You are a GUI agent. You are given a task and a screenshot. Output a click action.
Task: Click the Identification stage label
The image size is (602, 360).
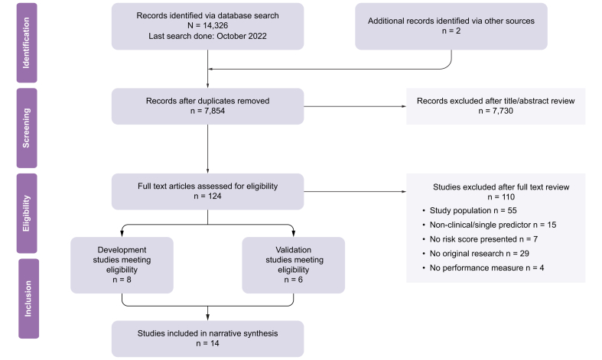click(x=27, y=43)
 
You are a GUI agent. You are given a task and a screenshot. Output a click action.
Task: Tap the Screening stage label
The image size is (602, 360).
click(x=27, y=128)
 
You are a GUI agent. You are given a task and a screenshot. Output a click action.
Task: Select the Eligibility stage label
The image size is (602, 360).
click(x=27, y=213)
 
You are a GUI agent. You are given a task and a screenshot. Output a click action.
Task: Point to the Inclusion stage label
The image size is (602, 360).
click(x=28, y=299)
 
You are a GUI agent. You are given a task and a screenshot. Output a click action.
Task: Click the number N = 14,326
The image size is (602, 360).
click(x=208, y=26)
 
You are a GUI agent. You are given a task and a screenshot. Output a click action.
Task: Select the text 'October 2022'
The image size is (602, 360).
click(x=242, y=36)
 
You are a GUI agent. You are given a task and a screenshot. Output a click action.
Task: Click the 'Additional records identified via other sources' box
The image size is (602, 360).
click(x=451, y=27)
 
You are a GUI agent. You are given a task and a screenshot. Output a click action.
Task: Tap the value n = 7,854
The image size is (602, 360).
click(x=208, y=111)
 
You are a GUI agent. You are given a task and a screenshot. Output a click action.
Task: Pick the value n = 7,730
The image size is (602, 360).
click(x=496, y=111)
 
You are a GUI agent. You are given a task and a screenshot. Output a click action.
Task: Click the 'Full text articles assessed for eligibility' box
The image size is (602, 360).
click(x=208, y=192)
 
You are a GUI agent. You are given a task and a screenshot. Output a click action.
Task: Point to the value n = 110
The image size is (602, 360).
click(x=501, y=197)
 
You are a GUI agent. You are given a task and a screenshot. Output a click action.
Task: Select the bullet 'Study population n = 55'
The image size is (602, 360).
click(x=470, y=211)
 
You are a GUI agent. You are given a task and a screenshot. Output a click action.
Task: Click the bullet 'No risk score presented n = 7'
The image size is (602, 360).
click(x=480, y=239)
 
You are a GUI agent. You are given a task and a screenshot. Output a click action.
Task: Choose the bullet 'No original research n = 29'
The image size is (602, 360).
click(x=476, y=254)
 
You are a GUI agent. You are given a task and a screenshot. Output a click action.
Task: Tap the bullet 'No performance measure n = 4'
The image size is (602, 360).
click(x=483, y=268)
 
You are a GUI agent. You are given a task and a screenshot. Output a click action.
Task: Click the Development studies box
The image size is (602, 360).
click(x=122, y=265)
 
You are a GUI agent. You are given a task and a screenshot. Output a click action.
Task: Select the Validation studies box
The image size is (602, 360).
click(x=293, y=265)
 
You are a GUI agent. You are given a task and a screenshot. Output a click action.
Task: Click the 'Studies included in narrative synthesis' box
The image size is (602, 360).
click(x=208, y=339)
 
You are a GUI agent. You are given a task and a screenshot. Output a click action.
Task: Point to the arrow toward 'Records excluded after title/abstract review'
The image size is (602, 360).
click(x=355, y=106)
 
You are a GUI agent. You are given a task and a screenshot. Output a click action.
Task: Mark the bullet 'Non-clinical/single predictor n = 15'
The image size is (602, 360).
click(x=489, y=225)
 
